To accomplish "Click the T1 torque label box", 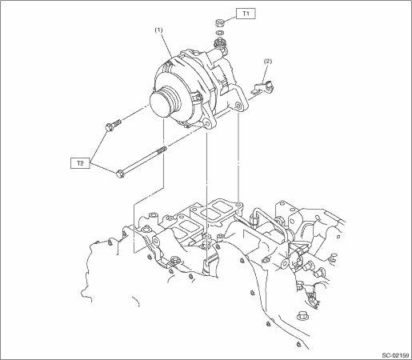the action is (x=246, y=14).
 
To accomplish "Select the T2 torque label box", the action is (x=80, y=163).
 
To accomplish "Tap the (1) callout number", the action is (x=158, y=30).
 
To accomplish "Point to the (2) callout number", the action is (x=268, y=61).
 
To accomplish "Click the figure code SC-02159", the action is (x=395, y=355).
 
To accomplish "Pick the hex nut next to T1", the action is (x=219, y=22).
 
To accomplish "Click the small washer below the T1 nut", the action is (x=220, y=33).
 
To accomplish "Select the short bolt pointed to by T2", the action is (x=113, y=125).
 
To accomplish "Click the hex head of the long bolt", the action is (x=120, y=174).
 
